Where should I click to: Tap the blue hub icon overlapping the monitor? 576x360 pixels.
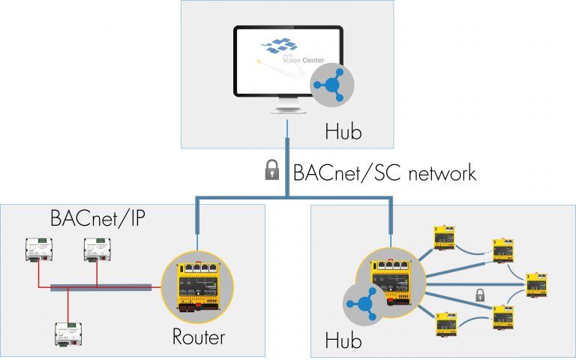pos(334,84)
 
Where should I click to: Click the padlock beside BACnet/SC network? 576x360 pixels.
pos(271,171)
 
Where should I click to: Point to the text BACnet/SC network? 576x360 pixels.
pos(384,172)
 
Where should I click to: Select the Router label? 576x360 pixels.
pos(198,337)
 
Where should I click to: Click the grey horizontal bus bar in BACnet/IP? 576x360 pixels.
pos(101,286)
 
